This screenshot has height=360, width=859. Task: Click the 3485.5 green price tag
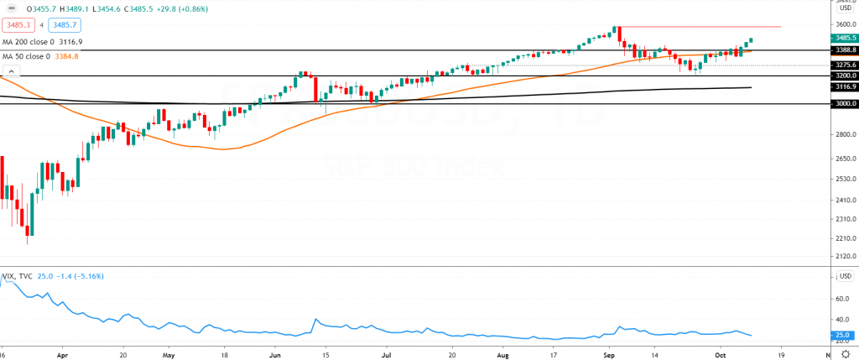[845, 38]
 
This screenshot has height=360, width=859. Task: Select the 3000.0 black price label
[845, 104]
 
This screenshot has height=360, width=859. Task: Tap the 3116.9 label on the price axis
[845, 86]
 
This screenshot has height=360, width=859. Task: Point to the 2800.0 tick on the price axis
[845, 134]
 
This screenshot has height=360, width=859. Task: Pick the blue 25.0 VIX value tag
[842, 335]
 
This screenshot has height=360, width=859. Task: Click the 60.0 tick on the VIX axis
[842, 298]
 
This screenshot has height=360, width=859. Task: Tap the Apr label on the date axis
[62, 354]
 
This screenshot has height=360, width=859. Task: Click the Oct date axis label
[719, 354]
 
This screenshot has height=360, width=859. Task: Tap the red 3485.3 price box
[17, 25]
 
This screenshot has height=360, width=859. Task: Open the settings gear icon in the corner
[845, 354]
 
